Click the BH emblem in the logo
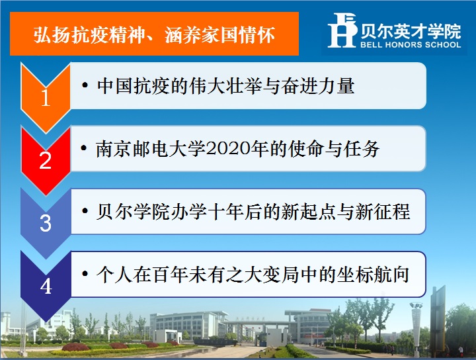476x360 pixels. pos(342,30)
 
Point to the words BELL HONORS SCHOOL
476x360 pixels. pos(411,44)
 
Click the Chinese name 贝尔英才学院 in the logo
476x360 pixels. pos(411,31)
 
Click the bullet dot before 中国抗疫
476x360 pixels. pos(85,85)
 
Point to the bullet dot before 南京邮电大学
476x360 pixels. pos(84,148)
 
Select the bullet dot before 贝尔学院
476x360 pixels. pos(85,211)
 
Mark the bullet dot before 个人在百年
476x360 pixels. pos(85,274)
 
